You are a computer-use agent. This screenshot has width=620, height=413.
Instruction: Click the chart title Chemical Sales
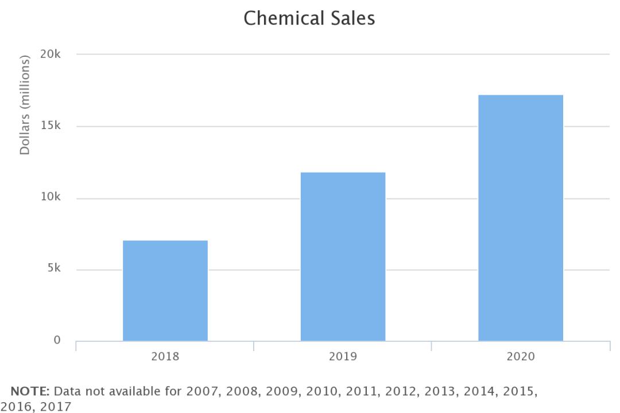click(309, 18)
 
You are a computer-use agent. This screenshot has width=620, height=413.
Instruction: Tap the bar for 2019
click(343, 256)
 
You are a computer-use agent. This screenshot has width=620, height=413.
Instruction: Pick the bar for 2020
click(521, 217)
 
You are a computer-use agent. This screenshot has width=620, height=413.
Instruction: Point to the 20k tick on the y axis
click(51, 54)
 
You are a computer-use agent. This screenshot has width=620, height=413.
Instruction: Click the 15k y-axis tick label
click(51, 126)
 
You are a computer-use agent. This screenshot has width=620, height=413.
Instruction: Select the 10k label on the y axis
click(51, 198)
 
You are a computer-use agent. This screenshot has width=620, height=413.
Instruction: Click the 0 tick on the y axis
click(57, 341)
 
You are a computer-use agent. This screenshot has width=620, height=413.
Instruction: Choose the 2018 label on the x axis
click(165, 356)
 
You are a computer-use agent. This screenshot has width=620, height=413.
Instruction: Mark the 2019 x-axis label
click(343, 356)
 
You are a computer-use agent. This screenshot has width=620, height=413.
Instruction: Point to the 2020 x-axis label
click(521, 356)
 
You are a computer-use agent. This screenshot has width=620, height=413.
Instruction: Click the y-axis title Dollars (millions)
click(25, 104)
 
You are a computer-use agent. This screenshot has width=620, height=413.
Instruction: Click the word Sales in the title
click(350, 18)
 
